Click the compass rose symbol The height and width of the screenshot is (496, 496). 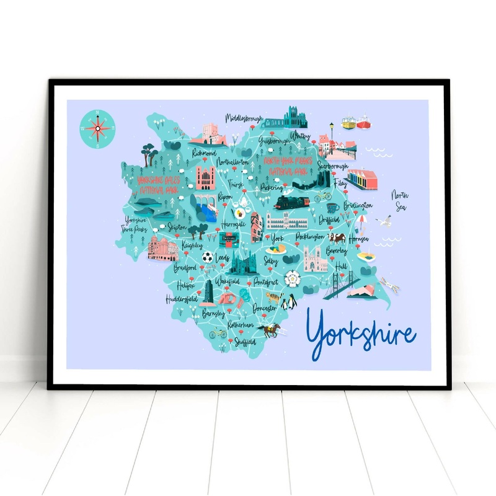click(97, 128)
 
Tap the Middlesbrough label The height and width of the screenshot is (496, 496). click(244, 118)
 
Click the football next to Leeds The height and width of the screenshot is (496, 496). click(207, 256)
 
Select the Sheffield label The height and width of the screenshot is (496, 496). click(245, 341)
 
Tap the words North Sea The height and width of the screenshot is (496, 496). click(400, 201)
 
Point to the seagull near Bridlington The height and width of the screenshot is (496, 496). click(386, 220)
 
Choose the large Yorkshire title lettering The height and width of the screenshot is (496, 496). click(361, 335)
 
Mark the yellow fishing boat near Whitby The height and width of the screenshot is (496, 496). click(348, 124)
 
